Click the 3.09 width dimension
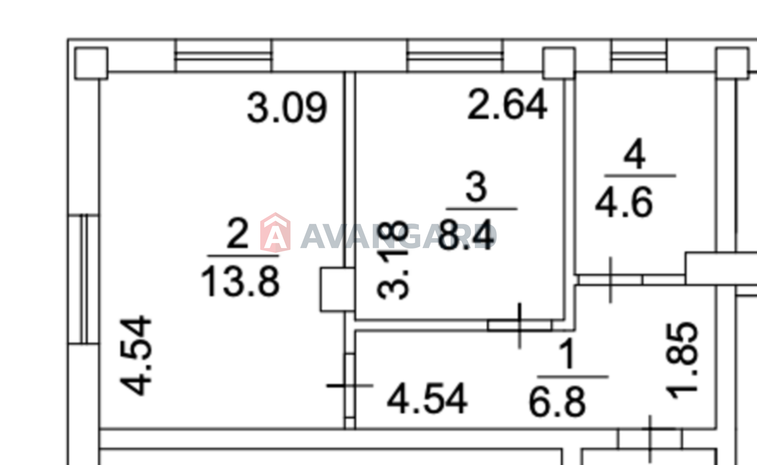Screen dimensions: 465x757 click(x=287, y=108)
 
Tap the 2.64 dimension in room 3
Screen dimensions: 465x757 click(x=507, y=105)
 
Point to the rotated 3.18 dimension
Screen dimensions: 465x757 click(x=394, y=260)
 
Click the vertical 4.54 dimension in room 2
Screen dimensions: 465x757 click(x=137, y=355)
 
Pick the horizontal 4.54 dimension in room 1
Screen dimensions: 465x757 click(x=427, y=399)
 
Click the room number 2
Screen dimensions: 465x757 click(x=238, y=233)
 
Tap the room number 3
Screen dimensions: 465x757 click(x=476, y=187)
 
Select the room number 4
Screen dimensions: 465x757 click(x=634, y=154)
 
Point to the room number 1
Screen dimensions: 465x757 click(x=567, y=354)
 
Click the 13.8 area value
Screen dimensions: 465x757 click(x=240, y=282)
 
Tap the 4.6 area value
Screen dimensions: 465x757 click(x=624, y=203)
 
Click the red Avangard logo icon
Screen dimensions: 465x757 click(x=275, y=232)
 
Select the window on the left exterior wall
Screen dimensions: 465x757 click(x=84, y=279)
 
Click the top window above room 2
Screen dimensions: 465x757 click(x=223, y=56)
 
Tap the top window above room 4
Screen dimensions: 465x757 click(x=639, y=56)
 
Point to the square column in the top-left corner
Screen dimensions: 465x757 click(x=91, y=63)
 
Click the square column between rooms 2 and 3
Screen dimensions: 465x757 click(x=337, y=289)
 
